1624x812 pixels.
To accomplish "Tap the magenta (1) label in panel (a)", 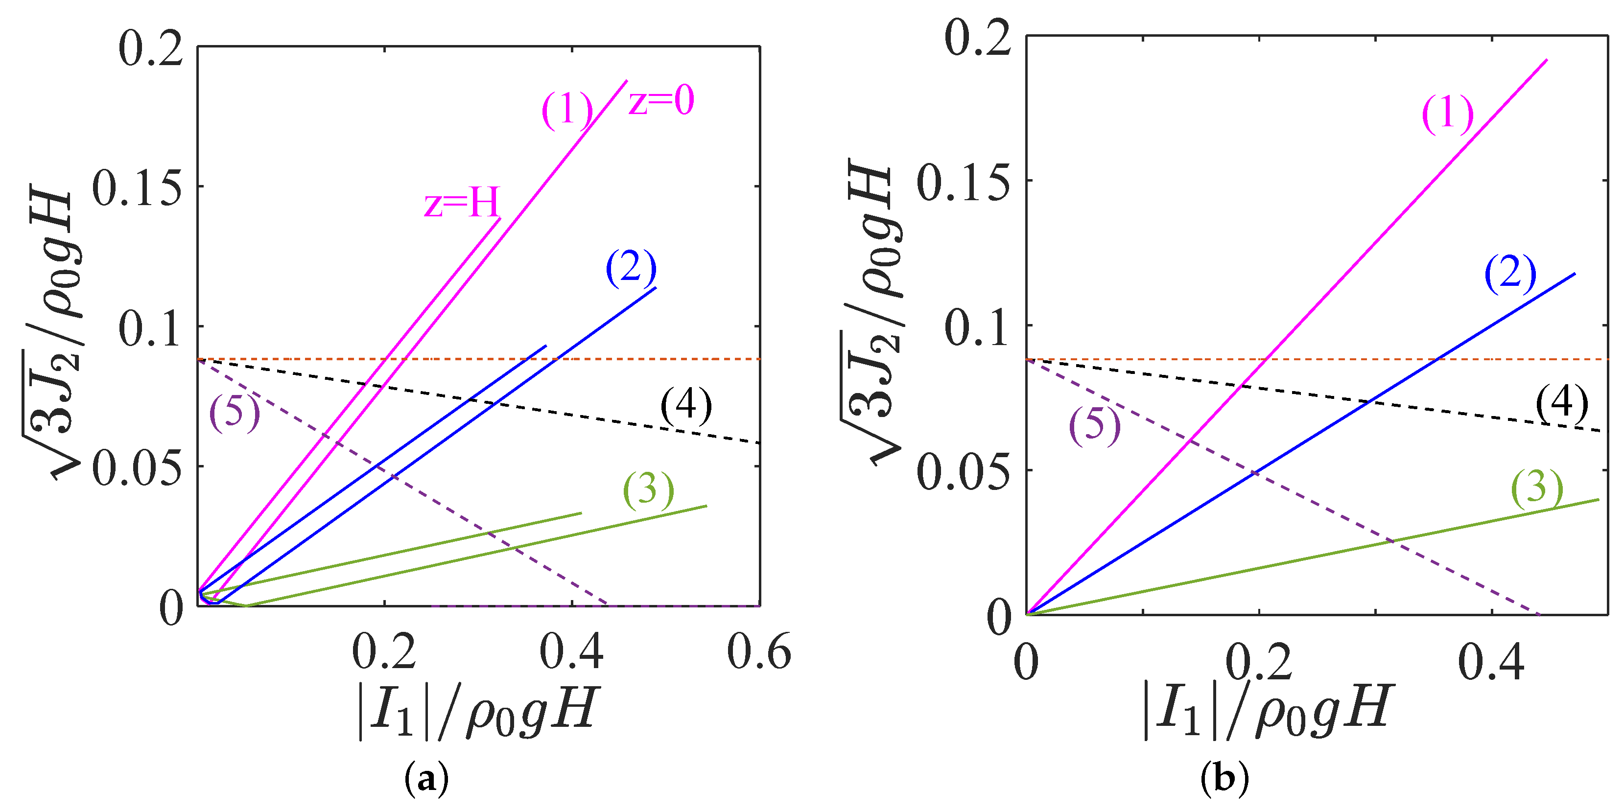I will [x=567, y=110].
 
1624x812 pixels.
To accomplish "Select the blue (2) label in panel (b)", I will [x=1510, y=274].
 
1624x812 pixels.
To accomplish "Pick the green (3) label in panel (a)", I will [x=648, y=490].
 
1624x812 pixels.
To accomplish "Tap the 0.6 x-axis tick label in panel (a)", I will [x=758, y=652].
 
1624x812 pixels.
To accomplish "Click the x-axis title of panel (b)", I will [x=1267, y=712].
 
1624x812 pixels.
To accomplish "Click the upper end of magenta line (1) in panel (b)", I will [x=1547, y=60].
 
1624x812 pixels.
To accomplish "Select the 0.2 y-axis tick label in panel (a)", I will [x=151, y=49].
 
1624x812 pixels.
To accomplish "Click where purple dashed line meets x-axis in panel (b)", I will [x=1539, y=614].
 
